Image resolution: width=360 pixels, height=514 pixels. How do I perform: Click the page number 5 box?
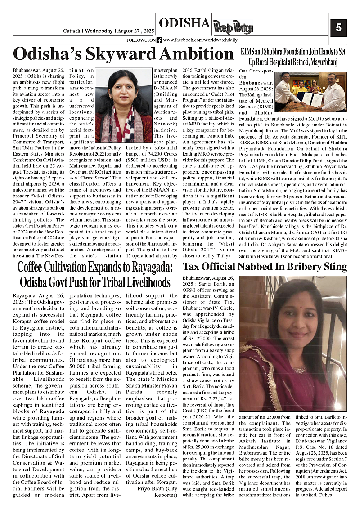click(338, 27)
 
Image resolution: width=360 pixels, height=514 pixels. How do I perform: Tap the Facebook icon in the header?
click(159, 40)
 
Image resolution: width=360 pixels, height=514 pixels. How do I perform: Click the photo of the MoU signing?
click(311, 92)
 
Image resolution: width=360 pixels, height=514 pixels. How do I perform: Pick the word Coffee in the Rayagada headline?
click(36, 267)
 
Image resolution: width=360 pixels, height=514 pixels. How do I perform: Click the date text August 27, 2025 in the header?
click(134, 31)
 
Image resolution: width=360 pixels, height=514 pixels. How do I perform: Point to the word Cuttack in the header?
click(71, 31)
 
